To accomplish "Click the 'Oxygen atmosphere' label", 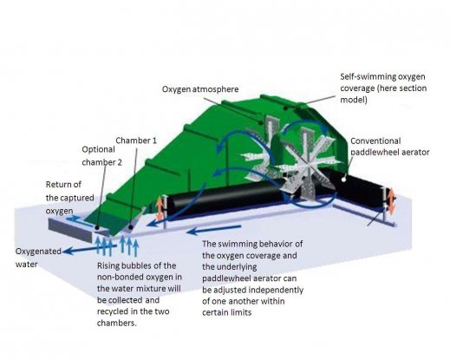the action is pyautogui.click(x=200, y=89).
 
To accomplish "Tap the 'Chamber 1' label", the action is pyautogui.click(x=136, y=141).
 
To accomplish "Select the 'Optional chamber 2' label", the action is pyautogui.click(x=101, y=156).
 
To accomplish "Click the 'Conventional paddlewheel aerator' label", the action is pyautogui.click(x=390, y=147).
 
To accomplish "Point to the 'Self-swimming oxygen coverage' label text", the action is pyautogui.click(x=383, y=88).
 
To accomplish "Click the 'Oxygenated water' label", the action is pyautogui.click(x=38, y=258).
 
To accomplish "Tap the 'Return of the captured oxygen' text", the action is pyautogui.click(x=69, y=198).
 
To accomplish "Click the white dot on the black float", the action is pyautogui.click(x=343, y=180).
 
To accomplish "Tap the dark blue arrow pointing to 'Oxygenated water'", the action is pyautogui.click(x=89, y=250).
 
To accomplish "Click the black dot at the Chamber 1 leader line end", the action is pyautogui.click(x=131, y=227).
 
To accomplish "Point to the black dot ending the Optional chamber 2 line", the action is pyautogui.click(x=97, y=228).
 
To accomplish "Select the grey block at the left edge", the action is pyautogui.click(x=71, y=231).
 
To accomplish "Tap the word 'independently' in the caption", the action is pyautogui.click(x=276, y=290).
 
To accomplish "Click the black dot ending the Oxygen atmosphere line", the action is pyautogui.click(x=261, y=123).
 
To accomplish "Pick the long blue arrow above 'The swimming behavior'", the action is pyautogui.click(x=214, y=230).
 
